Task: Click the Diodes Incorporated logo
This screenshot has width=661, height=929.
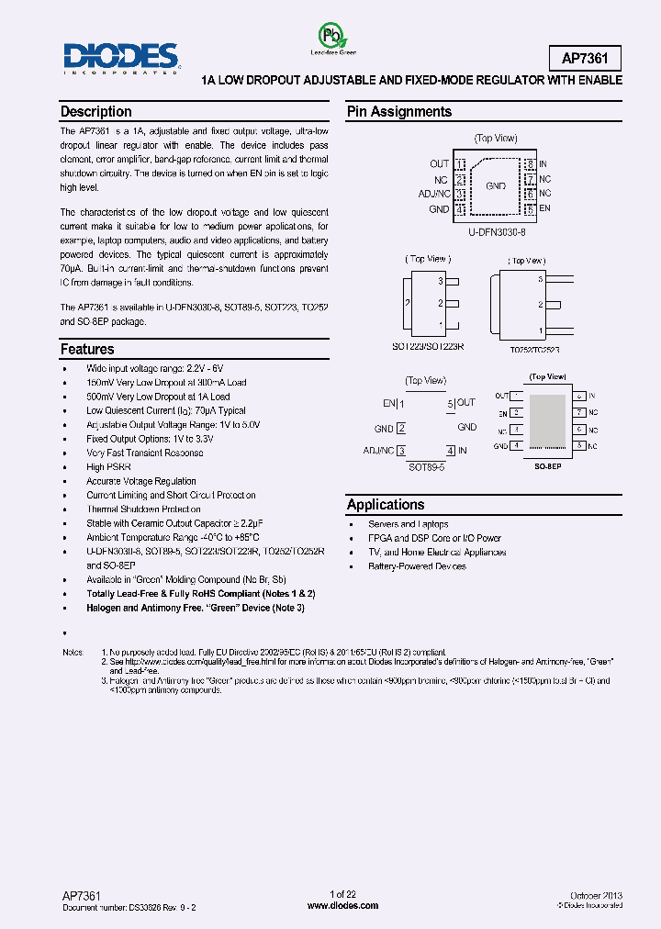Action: (120, 58)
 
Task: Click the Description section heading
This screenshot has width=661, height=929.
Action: (96, 112)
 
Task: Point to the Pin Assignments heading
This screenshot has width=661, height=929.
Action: (398, 112)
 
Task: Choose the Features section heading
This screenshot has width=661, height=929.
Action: (87, 349)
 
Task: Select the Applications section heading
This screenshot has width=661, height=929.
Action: (386, 504)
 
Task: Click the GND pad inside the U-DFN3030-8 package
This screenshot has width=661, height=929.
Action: (496, 185)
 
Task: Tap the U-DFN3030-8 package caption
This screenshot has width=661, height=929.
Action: (496, 232)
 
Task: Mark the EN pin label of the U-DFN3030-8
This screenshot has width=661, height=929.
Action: (544, 208)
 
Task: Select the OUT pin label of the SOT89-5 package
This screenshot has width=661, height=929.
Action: (466, 402)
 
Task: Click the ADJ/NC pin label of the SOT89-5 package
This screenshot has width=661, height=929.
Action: (378, 451)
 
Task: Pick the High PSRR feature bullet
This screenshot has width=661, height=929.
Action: (108, 467)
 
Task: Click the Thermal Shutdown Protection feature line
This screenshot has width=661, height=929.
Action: (143, 509)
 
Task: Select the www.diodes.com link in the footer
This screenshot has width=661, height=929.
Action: (342, 905)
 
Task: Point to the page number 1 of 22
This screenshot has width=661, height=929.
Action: (342, 894)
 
